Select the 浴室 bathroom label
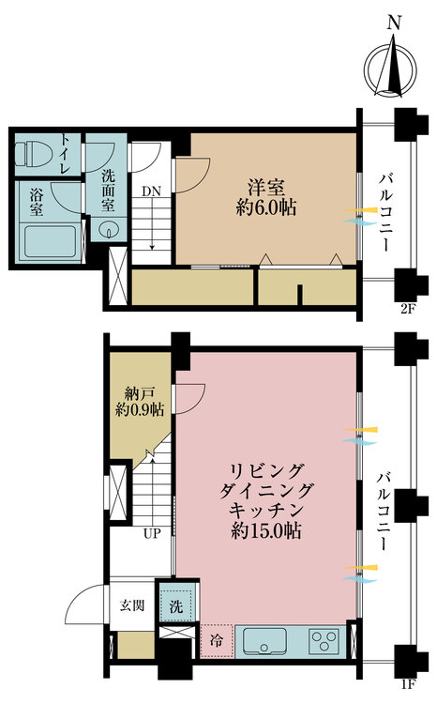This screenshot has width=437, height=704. pos(37,198)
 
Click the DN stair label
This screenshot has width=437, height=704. pos(150,191)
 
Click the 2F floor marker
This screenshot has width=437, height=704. pos(406,308)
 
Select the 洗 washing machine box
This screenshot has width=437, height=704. pos(175,605)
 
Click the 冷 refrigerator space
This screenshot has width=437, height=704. pos(214,644)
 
